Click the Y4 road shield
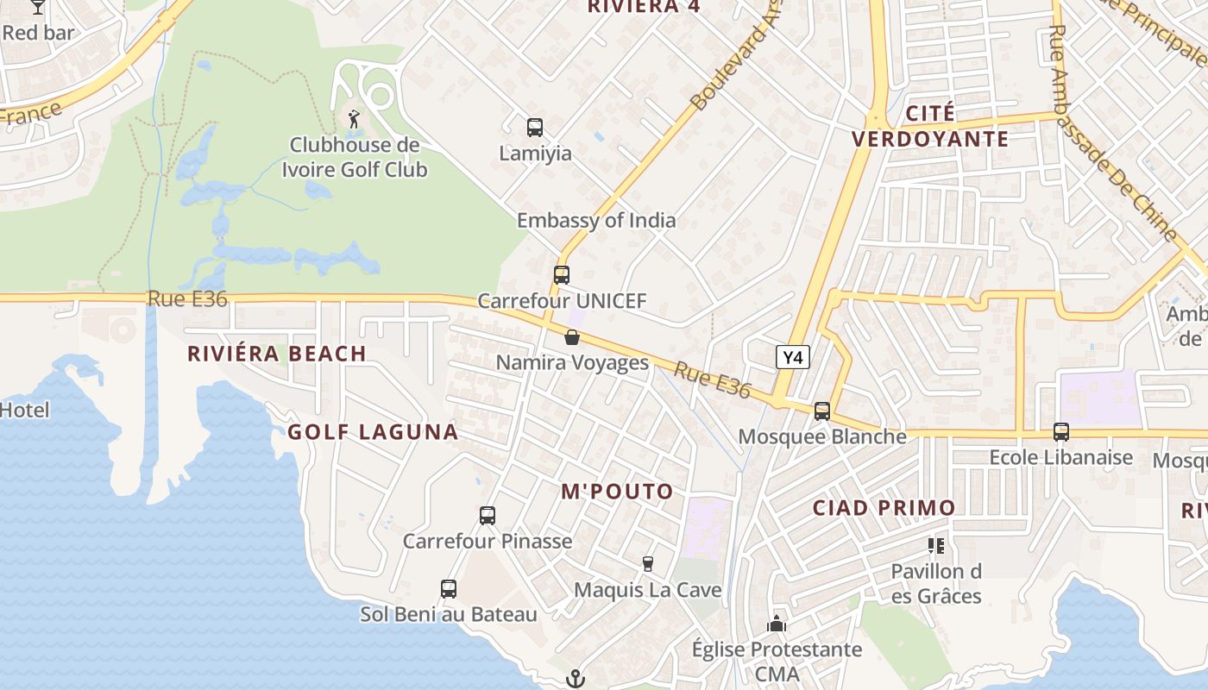point(792,356)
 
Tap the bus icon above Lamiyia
point(535,128)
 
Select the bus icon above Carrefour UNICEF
point(562,275)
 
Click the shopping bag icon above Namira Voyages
point(572,337)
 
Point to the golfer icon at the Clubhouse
point(354,118)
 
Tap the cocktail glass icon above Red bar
point(37,6)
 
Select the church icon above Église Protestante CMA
point(777,624)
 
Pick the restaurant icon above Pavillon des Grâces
point(936,545)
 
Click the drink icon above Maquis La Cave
point(648,564)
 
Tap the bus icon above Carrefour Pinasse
point(488,516)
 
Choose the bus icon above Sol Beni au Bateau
point(449,589)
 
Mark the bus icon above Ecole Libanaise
point(1061,431)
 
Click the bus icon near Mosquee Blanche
point(822,411)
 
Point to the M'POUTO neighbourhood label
point(617,492)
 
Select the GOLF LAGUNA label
point(373,432)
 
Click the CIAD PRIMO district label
point(884,508)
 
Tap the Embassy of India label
point(596,220)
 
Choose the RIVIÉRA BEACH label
point(277,354)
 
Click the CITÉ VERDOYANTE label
point(930,126)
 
